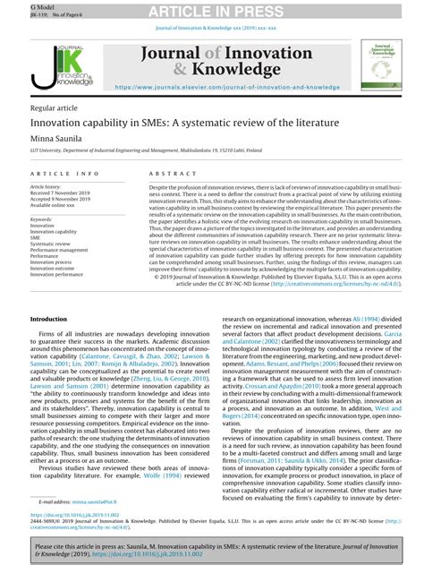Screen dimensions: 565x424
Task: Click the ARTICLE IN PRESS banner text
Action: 211,10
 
